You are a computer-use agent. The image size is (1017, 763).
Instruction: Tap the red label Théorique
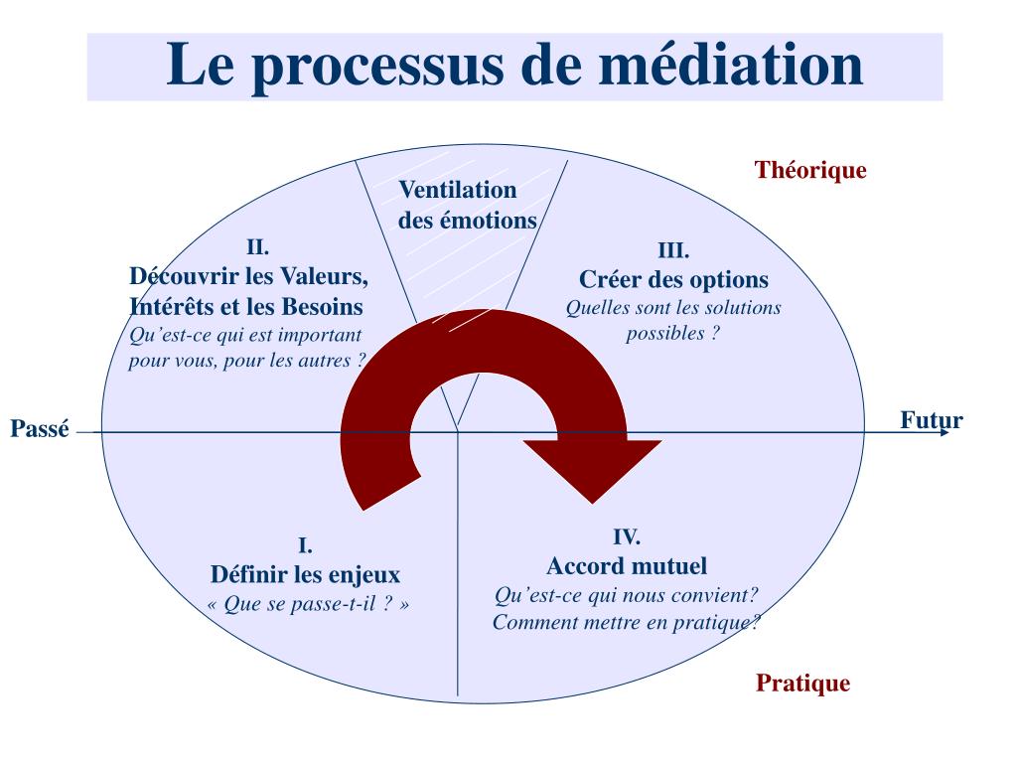click(810, 170)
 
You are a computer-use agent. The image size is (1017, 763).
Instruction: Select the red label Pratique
click(802, 684)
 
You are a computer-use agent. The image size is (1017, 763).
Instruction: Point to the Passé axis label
click(40, 430)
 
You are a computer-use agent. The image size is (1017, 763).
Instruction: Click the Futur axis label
click(931, 419)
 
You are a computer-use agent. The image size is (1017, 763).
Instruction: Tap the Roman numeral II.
click(258, 247)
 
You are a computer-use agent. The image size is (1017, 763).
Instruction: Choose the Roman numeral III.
click(673, 250)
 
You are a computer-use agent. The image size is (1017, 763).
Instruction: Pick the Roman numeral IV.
click(626, 538)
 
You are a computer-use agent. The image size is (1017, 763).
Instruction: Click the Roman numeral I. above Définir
click(306, 545)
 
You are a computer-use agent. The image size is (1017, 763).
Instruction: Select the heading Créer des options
click(673, 279)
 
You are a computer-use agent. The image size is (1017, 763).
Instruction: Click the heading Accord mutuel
click(627, 566)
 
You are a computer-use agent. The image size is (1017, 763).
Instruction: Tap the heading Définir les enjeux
click(305, 574)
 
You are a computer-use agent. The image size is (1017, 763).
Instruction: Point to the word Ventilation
click(458, 190)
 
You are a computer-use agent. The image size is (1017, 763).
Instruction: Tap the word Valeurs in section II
click(323, 275)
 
